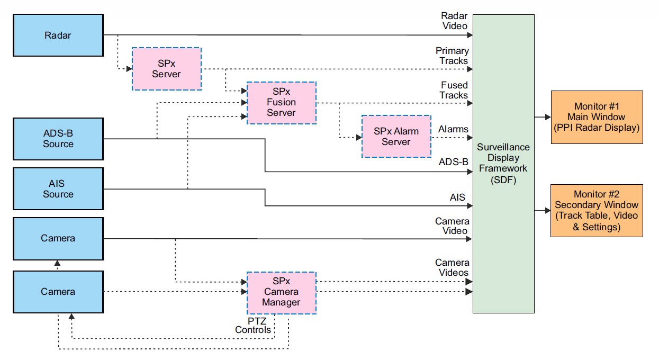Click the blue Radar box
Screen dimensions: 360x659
[58, 35]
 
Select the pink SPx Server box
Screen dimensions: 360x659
[166, 69]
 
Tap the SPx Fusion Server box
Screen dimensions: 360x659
[281, 103]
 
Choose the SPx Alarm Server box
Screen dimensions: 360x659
[396, 137]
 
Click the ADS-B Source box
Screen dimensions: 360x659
[58, 139]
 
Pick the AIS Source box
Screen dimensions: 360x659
[58, 188]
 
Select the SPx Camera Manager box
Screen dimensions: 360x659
[281, 292]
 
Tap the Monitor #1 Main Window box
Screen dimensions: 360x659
[597, 117]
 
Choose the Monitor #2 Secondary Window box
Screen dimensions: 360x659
[597, 210]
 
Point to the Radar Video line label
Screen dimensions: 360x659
[454, 21]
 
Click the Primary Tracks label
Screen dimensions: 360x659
[452, 56]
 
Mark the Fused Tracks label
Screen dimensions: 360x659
[454, 90]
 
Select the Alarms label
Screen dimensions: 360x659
[453, 129]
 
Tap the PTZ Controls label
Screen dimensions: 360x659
[253, 325]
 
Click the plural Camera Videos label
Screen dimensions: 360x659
[452, 267]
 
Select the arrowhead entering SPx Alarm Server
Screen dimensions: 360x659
[358, 137]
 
